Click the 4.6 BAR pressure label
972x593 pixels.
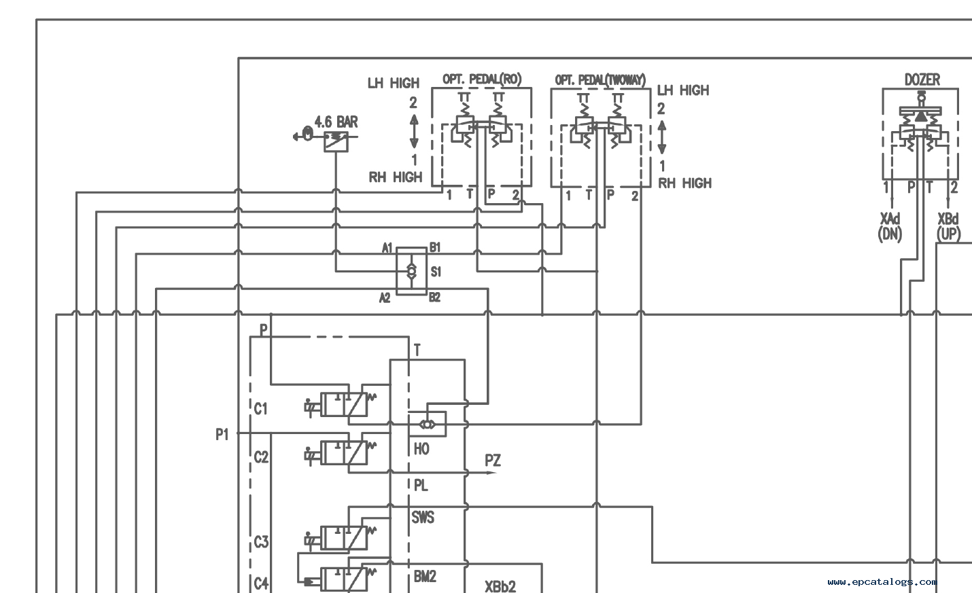point(336,122)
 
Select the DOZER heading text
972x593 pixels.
point(922,80)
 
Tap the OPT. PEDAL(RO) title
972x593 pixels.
point(482,79)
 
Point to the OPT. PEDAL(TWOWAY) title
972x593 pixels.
point(600,80)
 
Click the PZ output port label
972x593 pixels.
point(493,460)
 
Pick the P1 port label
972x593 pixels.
point(222,434)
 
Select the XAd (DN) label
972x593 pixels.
point(890,226)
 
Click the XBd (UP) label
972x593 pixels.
point(948,226)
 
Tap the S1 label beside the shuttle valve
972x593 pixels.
point(436,272)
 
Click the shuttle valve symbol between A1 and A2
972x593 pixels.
point(411,272)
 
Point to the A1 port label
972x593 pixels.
point(387,248)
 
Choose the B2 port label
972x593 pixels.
point(434,297)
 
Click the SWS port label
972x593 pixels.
point(423,517)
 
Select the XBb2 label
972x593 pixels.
point(500,586)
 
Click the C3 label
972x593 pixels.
point(261,542)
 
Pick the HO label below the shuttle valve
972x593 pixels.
point(421,449)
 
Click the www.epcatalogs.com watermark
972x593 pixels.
point(882,581)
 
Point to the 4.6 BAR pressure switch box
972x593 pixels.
point(336,141)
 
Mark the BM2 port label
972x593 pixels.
point(425,576)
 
